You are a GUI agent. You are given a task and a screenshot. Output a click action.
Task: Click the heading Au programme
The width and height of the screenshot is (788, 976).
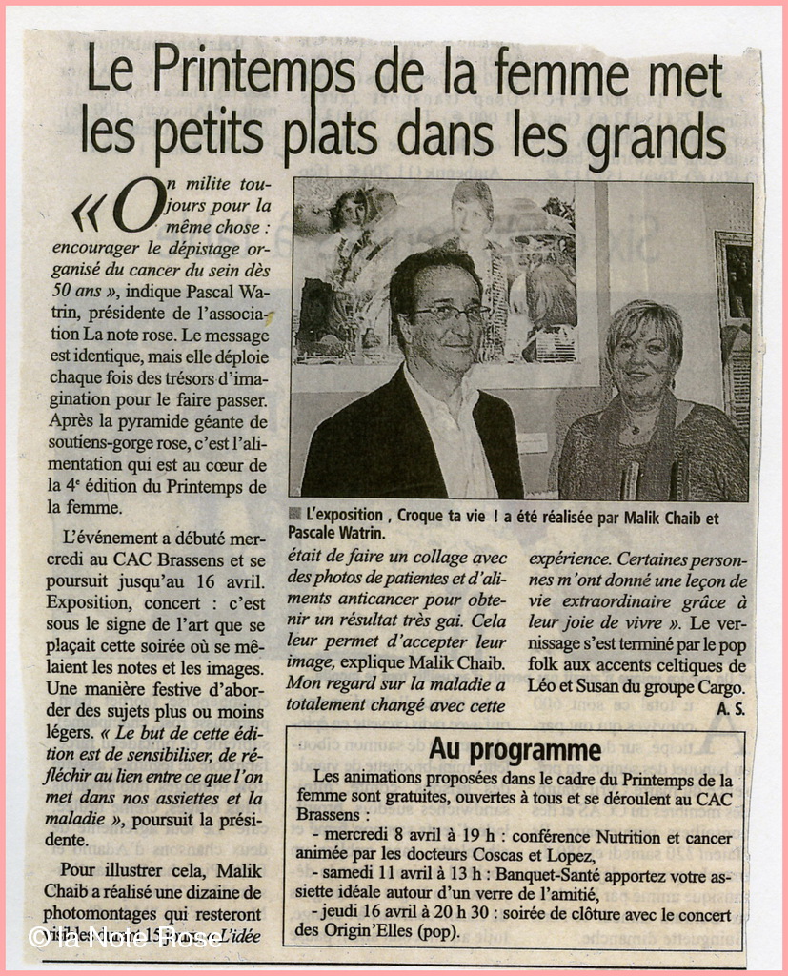pos(515,749)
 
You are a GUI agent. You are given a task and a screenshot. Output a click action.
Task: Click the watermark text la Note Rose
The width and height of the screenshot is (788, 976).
pos(125,938)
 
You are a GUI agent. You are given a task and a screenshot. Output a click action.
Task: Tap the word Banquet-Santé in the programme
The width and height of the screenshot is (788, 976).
pos(525,873)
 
